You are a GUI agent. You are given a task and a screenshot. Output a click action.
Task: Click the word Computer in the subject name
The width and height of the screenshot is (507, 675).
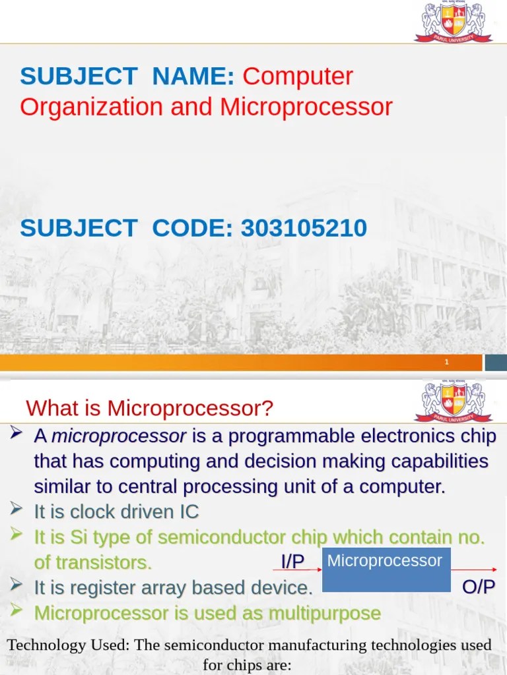pos(298,76)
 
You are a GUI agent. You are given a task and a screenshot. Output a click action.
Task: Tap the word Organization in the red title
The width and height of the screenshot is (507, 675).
pos(92,107)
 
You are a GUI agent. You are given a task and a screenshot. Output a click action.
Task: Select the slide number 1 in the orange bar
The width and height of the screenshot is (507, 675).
pos(447,363)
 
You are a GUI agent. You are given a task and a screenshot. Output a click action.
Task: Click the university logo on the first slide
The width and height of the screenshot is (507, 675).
pos(454,21)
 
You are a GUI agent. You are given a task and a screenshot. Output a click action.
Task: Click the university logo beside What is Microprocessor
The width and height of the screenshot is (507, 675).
pos(454,401)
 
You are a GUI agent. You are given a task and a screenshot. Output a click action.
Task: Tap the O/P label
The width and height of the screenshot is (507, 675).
pos(479,587)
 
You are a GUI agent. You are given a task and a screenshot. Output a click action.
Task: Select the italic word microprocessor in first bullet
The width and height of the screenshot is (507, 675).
pos(119,436)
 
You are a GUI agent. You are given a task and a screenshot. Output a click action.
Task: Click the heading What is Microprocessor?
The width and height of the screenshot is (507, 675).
pos(150,409)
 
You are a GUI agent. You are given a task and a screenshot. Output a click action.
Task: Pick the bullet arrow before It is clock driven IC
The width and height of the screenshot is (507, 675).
pos(16,510)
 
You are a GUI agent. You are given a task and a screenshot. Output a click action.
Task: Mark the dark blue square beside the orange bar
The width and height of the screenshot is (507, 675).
pos(496,363)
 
